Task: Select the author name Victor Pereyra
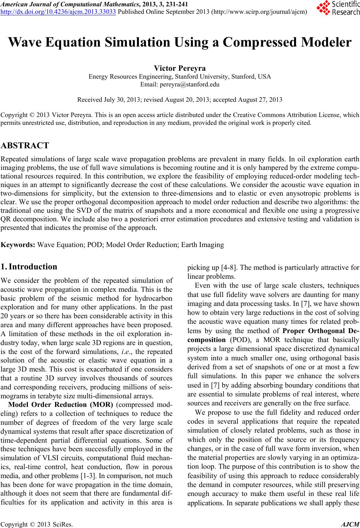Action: tap(180, 69)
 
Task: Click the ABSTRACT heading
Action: tap(25, 145)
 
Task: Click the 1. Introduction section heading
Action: tap(29, 267)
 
